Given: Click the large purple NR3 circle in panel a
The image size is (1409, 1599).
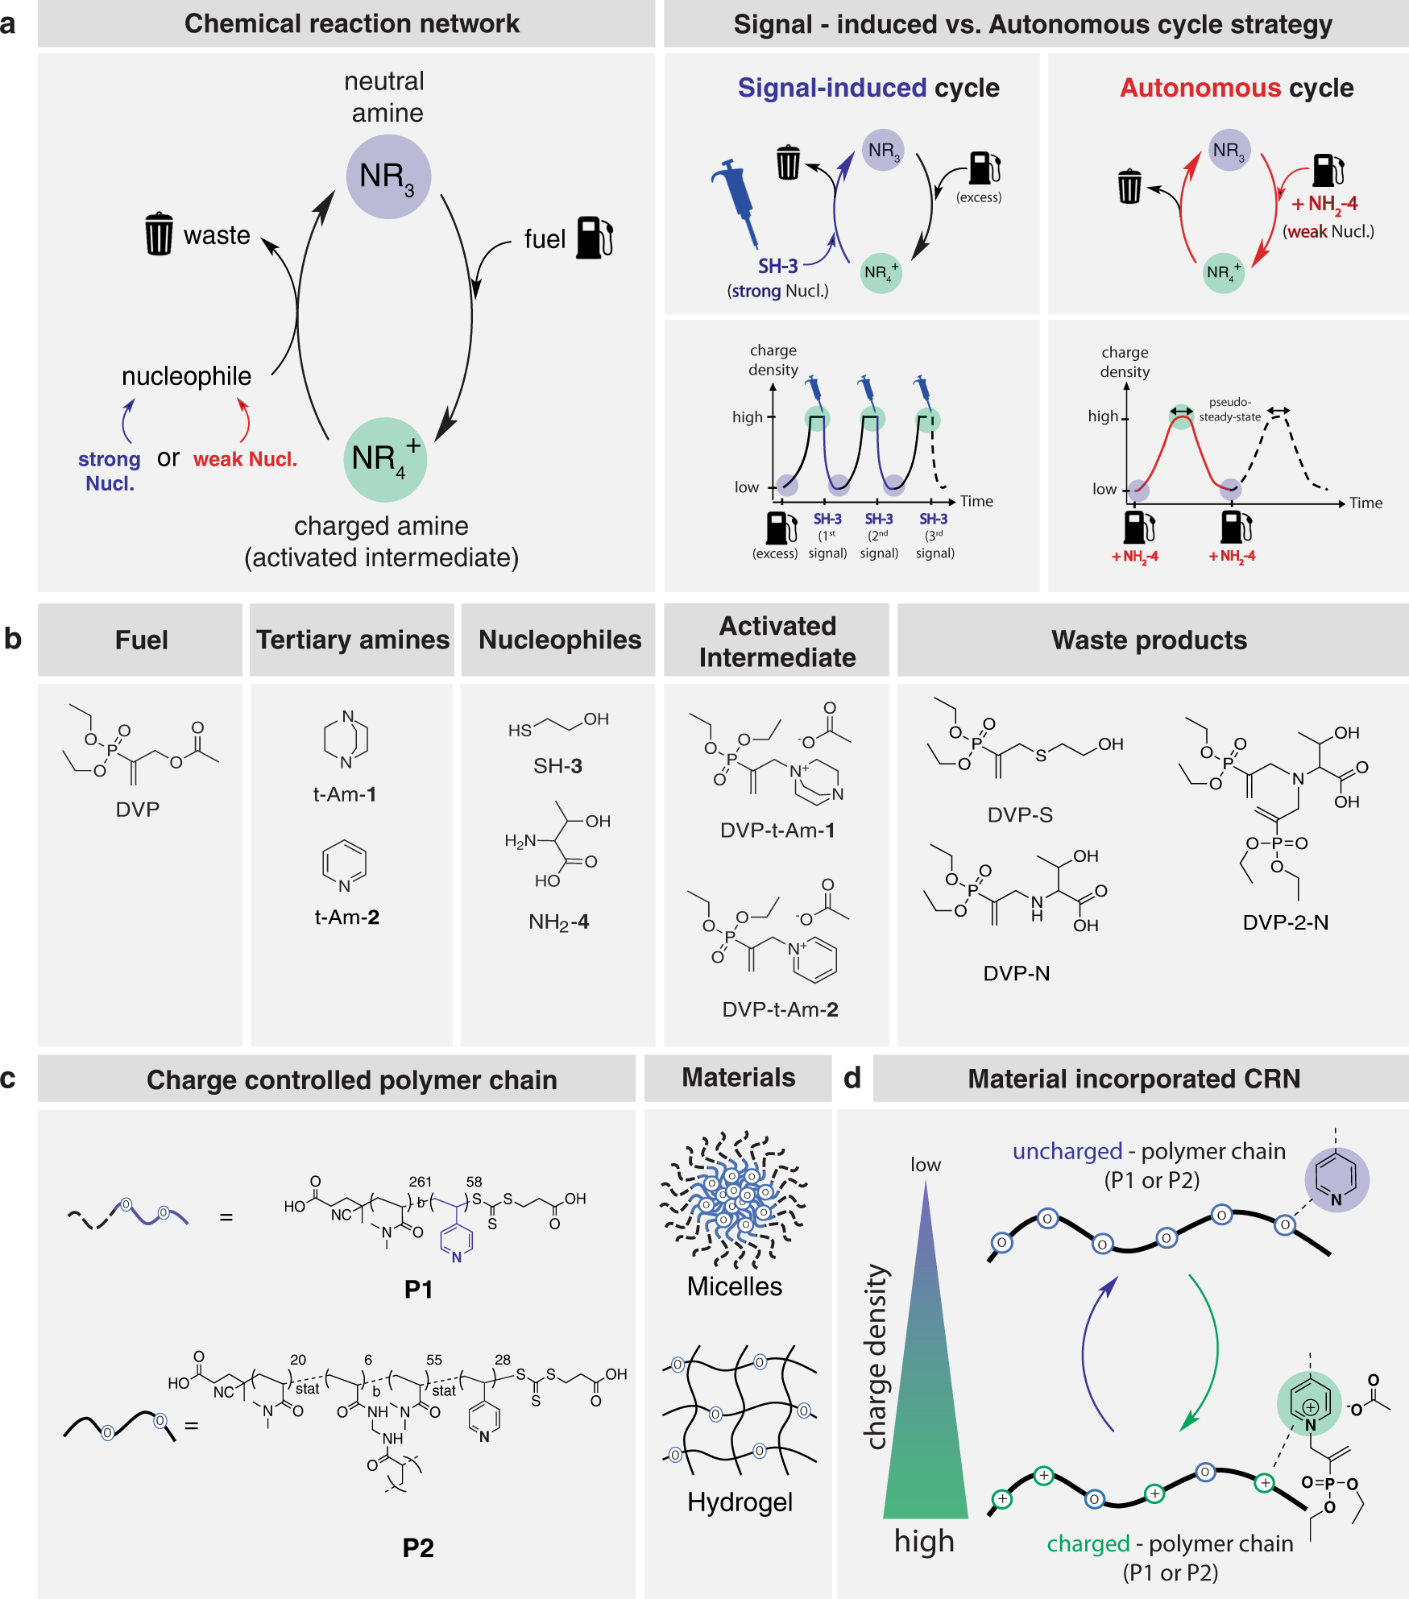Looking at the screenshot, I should [x=388, y=176].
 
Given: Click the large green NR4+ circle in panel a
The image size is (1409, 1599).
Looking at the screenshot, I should [x=385, y=459].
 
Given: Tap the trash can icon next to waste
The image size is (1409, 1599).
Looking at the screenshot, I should [x=159, y=234].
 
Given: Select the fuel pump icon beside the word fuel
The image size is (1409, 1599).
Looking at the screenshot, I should [x=595, y=238].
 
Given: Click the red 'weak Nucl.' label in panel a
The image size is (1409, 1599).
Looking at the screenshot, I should [x=245, y=459].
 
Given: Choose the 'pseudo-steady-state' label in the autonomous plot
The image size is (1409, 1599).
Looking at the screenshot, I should [x=1229, y=409].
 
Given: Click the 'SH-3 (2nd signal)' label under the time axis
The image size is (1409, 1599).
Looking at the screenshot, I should [x=879, y=536].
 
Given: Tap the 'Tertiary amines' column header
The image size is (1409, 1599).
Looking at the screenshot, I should [x=353, y=640].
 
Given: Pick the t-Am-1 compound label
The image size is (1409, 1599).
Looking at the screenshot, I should [x=345, y=794].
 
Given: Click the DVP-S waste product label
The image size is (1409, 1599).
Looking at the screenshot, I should [x=1020, y=815].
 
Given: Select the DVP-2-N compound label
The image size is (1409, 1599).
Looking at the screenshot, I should [x=1286, y=922].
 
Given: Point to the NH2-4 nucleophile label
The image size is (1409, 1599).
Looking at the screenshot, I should [x=558, y=922].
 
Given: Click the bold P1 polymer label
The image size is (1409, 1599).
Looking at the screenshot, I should [x=418, y=1290].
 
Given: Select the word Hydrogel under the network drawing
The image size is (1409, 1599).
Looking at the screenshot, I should [x=740, y=1502].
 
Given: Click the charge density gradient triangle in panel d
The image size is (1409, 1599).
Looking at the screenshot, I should [x=926, y=1386].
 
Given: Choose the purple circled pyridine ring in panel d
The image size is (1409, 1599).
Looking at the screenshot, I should [x=1336, y=1179].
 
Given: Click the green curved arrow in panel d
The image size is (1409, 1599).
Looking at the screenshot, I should [x=1208, y=1353].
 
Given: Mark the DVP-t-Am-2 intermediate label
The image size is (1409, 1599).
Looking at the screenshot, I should [x=780, y=1009].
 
